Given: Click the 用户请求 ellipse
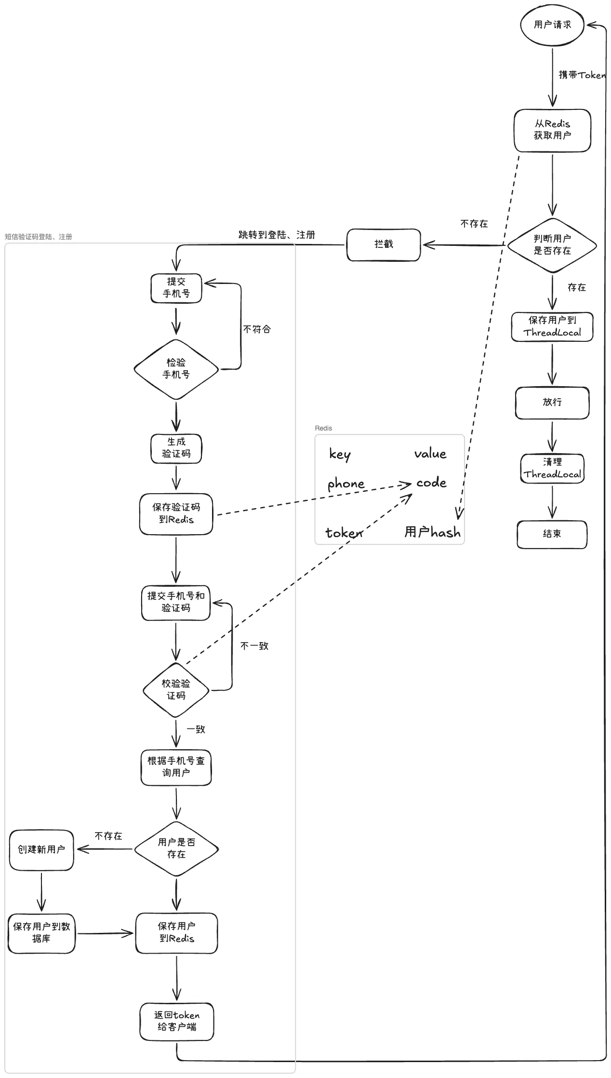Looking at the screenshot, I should coord(552,25).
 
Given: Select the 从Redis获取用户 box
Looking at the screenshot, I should coord(552,130).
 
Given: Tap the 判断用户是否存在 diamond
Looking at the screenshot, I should coord(552,245).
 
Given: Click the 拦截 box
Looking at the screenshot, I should coord(384,244).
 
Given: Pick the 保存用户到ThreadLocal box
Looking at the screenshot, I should coord(552,327).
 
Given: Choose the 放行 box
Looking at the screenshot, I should coord(552,402).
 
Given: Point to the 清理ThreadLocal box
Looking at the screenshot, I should coord(552,468).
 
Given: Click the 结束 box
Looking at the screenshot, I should coord(552,534).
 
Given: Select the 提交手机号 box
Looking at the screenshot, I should coord(176,288).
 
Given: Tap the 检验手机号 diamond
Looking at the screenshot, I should coord(176,369).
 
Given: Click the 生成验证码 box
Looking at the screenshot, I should coord(176,448).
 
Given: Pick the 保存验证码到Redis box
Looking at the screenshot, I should coord(176,514).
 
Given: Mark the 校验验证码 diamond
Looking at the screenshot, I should coord(176,690).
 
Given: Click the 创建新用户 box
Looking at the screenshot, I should coord(41,849).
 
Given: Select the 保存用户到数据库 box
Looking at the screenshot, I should coord(41,933).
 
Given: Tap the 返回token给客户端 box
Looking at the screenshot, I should coord(177,1021).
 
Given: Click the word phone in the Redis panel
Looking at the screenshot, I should coord(346,484).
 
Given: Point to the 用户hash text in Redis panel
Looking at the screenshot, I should coord(432,532).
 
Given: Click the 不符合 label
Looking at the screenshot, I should coord(257,329).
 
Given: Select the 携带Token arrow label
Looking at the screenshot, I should coord(582,75).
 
